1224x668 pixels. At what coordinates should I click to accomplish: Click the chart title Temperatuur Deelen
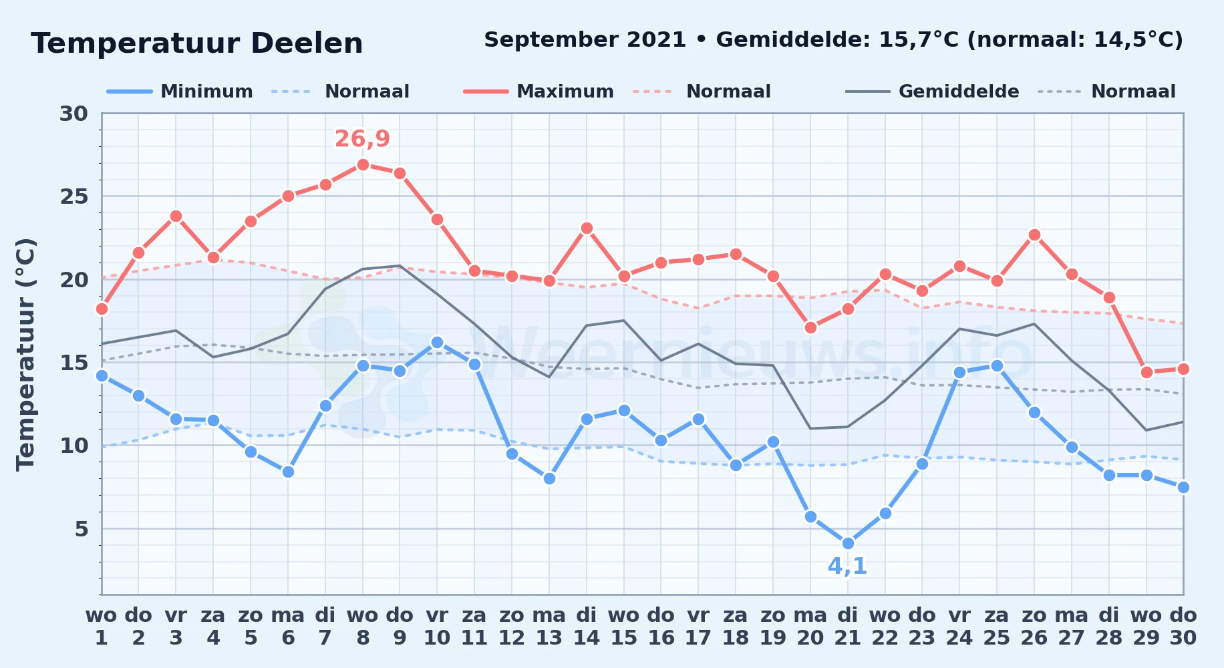pyautogui.click(x=197, y=43)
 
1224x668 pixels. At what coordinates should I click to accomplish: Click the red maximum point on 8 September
pyautogui.click(x=363, y=164)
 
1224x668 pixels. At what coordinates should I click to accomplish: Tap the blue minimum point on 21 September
pyautogui.click(x=848, y=543)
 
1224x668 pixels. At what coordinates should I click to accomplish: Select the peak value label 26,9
pyautogui.click(x=362, y=139)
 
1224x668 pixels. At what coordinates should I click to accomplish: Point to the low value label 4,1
pyautogui.click(x=847, y=566)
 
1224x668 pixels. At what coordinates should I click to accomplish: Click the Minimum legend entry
pyautogui.click(x=180, y=92)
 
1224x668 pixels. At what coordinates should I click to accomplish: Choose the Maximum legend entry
pyautogui.click(x=539, y=92)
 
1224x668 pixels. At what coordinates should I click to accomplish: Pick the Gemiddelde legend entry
pyautogui.click(x=933, y=92)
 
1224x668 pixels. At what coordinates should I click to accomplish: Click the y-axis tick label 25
pyautogui.click(x=73, y=196)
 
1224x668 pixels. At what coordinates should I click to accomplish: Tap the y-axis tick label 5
pyautogui.click(x=81, y=529)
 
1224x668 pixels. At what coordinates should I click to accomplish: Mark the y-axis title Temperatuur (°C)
pyautogui.click(x=25, y=354)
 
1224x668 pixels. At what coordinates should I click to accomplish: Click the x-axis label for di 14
pyautogui.click(x=587, y=627)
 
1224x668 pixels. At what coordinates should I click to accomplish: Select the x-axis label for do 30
pyautogui.click(x=1183, y=627)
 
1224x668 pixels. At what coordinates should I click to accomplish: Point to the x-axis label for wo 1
pyautogui.click(x=102, y=627)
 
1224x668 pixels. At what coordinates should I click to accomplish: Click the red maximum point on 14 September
pyautogui.click(x=587, y=228)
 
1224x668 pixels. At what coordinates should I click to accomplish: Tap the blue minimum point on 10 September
pyautogui.click(x=437, y=342)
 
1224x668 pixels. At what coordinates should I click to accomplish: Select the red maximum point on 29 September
pyautogui.click(x=1146, y=372)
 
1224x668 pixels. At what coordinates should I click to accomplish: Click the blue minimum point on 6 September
pyautogui.click(x=288, y=472)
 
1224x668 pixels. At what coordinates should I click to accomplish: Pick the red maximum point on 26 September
pyautogui.click(x=1034, y=234)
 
